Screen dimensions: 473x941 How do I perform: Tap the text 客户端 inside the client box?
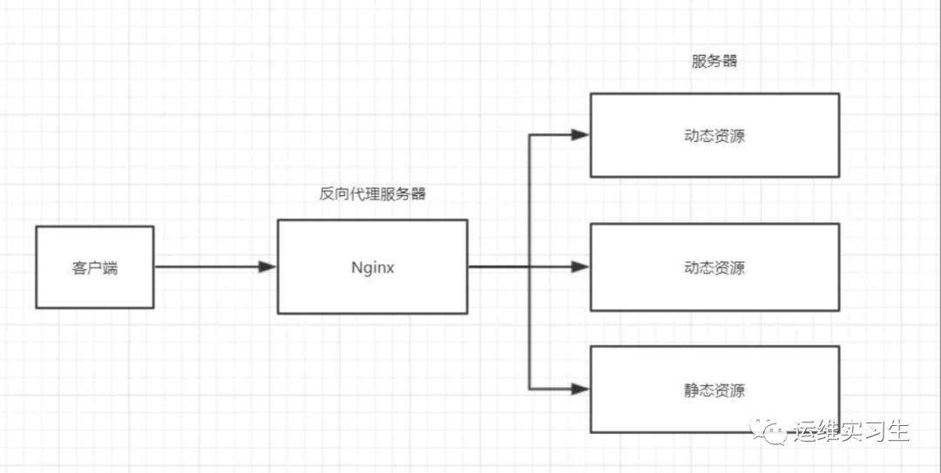[x=94, y=267]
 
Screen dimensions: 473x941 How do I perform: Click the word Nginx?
[x=372, y=267]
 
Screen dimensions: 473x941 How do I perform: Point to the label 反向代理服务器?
[x=372, y=194]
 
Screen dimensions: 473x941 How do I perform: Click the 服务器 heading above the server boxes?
[x=714, y=62]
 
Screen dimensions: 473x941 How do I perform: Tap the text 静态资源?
[x=714, y=390]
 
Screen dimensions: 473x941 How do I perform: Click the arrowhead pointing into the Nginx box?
[x=267, y=267]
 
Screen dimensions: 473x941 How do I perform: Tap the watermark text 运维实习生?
[x=851, y=431]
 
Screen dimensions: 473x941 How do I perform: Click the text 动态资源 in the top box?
[x=714, y=137]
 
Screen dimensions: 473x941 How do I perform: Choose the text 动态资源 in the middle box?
[x=714, y=267]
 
